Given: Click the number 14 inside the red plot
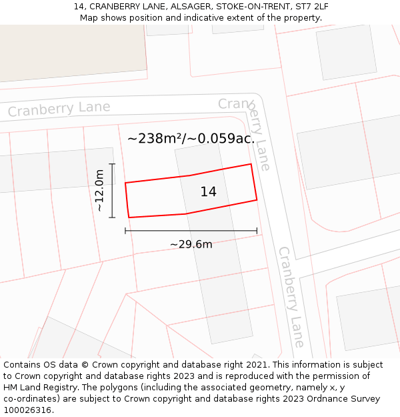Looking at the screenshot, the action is point(208,192).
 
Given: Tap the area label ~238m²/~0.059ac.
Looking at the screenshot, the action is point(191,139).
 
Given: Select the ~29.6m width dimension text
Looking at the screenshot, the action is point(191,244).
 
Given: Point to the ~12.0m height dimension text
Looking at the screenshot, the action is point(99,190).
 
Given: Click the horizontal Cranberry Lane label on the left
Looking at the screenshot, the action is point(59,109).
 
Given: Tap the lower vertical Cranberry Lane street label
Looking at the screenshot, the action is point(291,296).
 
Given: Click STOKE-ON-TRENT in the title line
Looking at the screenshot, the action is point(248,7).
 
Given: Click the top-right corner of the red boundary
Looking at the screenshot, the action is point(251,164).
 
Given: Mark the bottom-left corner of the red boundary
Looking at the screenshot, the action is point(129,217).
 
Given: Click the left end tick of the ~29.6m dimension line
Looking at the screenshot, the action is point(125,231).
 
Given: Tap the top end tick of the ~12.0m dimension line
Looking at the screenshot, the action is point(112,163).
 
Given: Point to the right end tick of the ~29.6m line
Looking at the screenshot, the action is point(257,231).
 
